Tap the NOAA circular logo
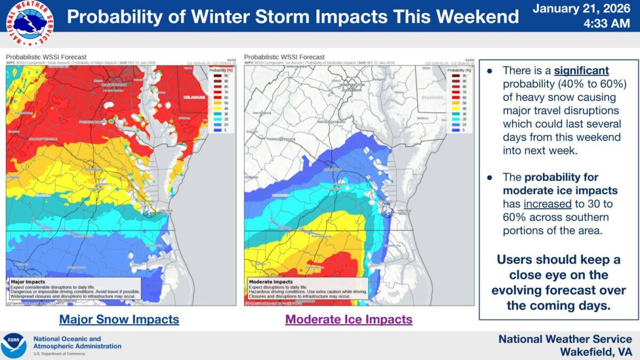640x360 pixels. tap(14, 346)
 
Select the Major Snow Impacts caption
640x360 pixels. tap(119, 319)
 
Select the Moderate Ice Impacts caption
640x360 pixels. tap(349, 319)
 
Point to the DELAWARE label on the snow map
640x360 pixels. tap(194, 98)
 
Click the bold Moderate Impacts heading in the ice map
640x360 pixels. tap(270, 281)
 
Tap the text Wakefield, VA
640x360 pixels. tap(596, 352)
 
